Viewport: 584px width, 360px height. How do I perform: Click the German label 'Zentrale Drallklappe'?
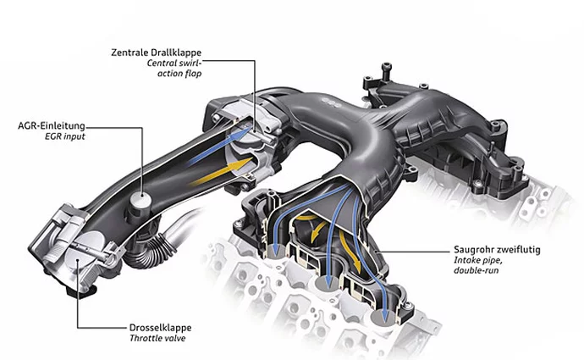[156, 53]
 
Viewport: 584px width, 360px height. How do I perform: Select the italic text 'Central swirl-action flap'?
[174, 69]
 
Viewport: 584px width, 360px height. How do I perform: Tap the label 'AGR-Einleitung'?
[52, 125]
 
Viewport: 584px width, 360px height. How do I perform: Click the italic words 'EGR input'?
[65, 136]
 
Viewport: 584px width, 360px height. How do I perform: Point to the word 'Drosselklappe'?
[160, 328]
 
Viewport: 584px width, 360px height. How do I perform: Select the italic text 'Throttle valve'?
[157, 338]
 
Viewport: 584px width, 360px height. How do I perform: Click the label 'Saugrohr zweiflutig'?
[497, 249]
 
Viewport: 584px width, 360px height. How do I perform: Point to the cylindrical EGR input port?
[140, 202]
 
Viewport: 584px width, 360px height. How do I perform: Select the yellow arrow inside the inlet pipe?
[221, 171]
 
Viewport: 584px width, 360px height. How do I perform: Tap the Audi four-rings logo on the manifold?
[331, 102]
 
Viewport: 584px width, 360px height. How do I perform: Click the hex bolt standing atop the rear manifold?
[386, 71]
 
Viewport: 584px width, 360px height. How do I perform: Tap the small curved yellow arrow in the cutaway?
[317, 229]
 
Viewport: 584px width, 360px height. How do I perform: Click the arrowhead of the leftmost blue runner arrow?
[275, 247]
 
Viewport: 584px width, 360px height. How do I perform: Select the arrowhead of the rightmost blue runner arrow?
[385, 316]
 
